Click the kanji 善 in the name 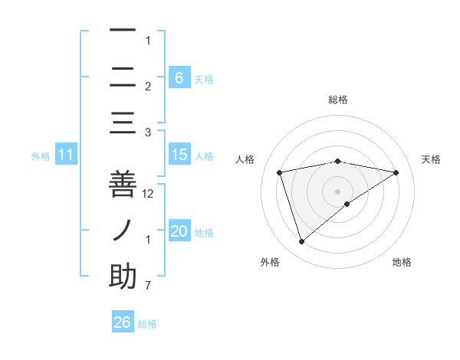tap(123, 183)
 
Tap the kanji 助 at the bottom tap(123, 276)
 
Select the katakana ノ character tap(123, 230)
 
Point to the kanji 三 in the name tap(123, 123)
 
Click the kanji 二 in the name tap(123, 77)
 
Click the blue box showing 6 tap(179, 77)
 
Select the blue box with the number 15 tap(179, 155)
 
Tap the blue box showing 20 tap(179, 231)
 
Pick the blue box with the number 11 tap(66, 155)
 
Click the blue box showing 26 tap(123, 322)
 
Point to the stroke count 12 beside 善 tap(149, 194)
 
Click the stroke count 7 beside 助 tap(148, 286)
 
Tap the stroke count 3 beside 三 tap(148, 133)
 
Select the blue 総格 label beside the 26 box tap(147, 324)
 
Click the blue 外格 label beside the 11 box tap(41, 156)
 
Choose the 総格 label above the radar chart tap(337, 100)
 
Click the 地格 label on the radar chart tap(402, 262)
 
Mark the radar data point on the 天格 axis tap(396, 173)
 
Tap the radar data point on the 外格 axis tap(301, 242)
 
